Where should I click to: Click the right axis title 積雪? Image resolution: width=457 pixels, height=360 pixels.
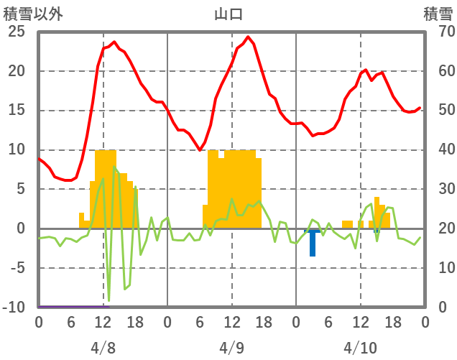coord(438,13)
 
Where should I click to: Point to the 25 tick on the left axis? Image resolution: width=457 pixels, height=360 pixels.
coord(16,32)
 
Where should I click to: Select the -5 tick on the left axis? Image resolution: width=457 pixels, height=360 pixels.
coord(17,268)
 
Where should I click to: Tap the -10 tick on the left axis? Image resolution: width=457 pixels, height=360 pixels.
coord(14,308)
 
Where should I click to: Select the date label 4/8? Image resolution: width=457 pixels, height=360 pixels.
coord(103,348)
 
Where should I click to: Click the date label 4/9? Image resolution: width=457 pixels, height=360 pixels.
coord(231,348)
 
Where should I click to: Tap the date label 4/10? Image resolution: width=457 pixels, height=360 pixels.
coord(360,348)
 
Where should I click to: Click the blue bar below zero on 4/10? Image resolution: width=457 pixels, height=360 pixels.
coord(313,244)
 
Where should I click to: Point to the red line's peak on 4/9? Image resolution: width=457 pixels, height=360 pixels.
coord(248,37)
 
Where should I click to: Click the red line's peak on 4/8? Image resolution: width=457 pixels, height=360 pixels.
coord(114,42)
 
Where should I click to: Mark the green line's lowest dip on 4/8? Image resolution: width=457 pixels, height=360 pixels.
coord(109,300)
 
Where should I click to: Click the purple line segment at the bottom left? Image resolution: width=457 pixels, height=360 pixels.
coord(72,306)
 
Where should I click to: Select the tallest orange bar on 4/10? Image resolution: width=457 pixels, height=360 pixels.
coord(377,213)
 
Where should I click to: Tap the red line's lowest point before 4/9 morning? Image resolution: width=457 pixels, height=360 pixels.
coord(200,150)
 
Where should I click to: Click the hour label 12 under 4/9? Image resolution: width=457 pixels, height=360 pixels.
coord(231,323)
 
